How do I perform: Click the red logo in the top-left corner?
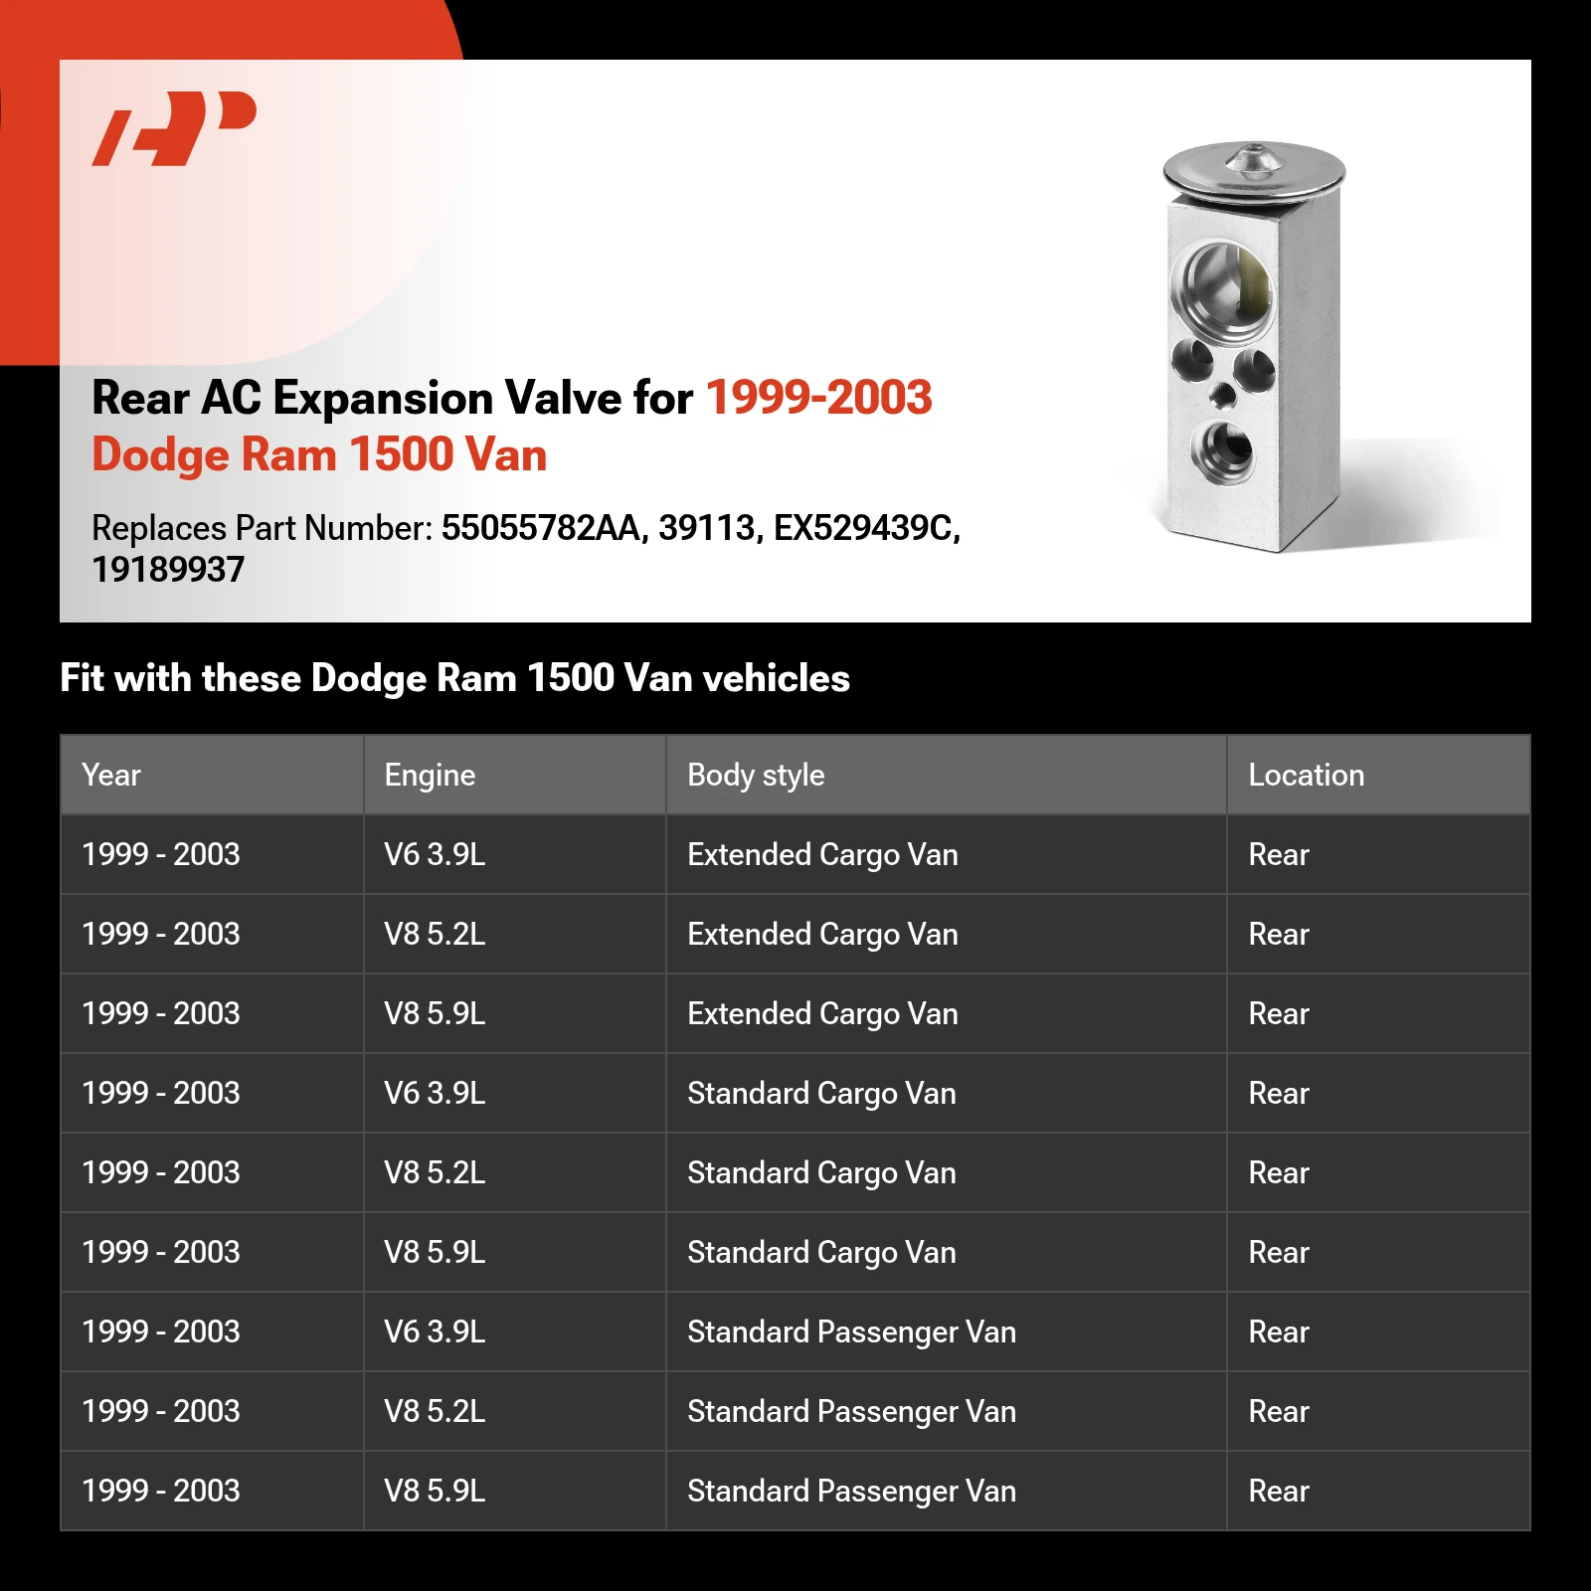pos(174,127)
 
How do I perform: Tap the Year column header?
pos(111,775)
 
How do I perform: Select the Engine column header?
pos(430,775)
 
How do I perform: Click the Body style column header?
pos(756,775)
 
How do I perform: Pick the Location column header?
pos(1306,775)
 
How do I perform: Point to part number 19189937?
pos(168,570)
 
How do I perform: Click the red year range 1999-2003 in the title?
pos(818,398)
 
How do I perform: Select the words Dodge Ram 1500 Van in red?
pos(319,454)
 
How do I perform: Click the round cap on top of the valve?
pos(1253,169)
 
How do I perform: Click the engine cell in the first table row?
pos(435,854)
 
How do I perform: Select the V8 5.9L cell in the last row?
pos(435,1491)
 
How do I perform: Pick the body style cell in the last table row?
pos(851,1491)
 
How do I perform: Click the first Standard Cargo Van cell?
pos(821,1093)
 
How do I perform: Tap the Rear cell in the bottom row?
pos(1279,1491)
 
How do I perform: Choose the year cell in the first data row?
pos(161,854)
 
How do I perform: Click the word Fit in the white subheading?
pos(82,678)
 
